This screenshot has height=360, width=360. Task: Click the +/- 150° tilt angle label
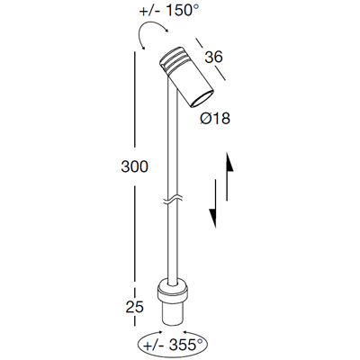[x=169, y=11]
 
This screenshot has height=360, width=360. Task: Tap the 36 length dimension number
[x=213, y=57]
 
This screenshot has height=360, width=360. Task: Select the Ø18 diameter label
[x=215, y=119]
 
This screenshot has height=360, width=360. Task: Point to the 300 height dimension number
[x=135, y=166]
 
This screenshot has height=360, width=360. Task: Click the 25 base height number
[x=135, y=307]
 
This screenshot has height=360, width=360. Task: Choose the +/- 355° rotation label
[x=173, y=345]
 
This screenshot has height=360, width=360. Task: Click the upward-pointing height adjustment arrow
[x=229, y=176]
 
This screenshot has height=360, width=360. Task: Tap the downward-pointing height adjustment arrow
[x=213, y=203]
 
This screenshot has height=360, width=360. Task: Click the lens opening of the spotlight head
[x=202, y=98]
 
